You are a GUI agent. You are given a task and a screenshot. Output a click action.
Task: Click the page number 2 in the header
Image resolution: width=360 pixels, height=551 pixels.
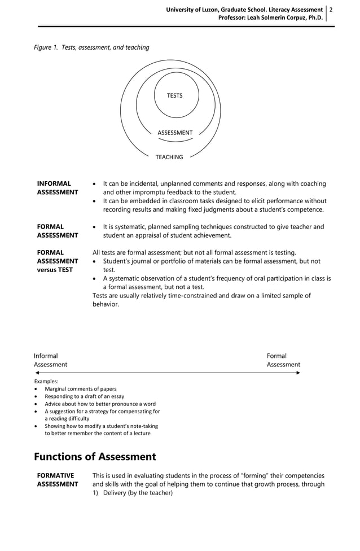(331, 10)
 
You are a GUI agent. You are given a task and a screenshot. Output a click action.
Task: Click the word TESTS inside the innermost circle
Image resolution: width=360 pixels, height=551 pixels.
(175, 95)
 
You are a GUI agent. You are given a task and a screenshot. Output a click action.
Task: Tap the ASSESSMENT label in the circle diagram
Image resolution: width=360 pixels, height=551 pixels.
(175, 133)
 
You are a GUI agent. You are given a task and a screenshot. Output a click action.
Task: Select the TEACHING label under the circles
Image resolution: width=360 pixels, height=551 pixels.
(169, 157)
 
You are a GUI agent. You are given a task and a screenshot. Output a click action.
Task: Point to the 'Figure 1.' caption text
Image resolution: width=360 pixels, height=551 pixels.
(46, 47)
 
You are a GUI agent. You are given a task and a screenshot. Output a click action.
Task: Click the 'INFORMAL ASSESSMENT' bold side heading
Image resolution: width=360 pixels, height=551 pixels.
(57, 188)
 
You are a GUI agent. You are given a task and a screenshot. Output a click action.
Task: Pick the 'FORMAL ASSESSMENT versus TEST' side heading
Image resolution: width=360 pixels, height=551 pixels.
(57, 261)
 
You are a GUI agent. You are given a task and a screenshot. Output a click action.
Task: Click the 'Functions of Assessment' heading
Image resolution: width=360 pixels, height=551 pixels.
(95, 456)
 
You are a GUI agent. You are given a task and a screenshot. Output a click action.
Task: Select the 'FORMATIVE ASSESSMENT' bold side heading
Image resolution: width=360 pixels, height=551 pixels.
(57, 480)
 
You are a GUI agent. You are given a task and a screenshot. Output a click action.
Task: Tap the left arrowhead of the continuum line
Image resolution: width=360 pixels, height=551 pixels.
(37, 373)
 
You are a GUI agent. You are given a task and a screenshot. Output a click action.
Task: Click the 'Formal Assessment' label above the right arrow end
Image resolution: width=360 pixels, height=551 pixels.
(283, 360)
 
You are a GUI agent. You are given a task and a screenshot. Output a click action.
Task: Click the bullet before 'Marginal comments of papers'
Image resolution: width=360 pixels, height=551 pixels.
(37, 390)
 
